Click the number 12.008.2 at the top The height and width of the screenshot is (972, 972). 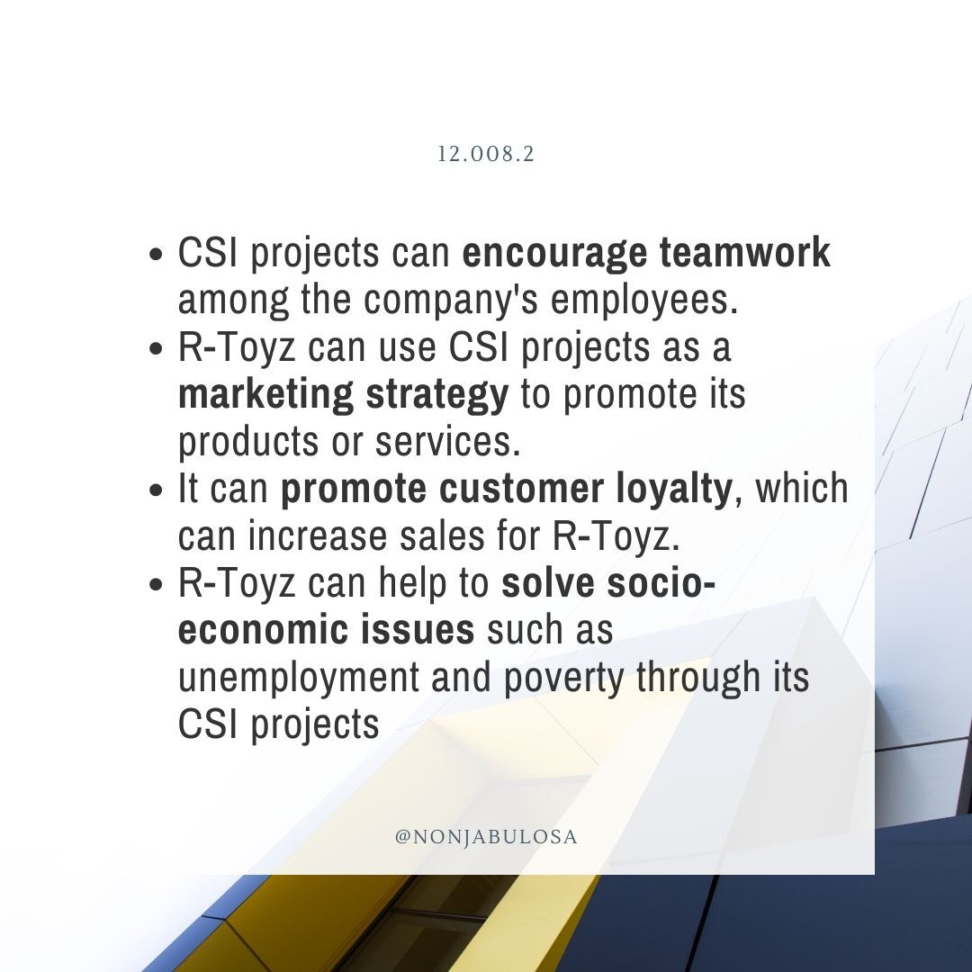486,155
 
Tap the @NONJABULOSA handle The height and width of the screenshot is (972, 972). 486,837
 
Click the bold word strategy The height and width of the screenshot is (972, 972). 454,396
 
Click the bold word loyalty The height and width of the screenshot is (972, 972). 671,490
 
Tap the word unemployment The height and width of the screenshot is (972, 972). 297,678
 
